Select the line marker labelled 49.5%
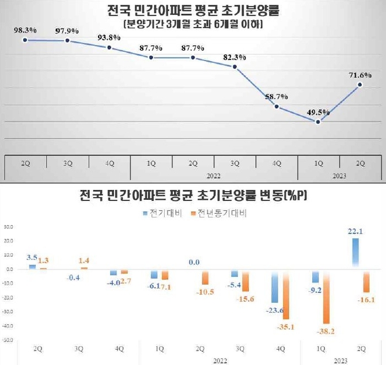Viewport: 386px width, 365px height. (x=319, y=121)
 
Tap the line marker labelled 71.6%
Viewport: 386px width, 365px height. (x=361, y=85)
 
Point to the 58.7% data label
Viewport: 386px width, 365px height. (x=277, y=97)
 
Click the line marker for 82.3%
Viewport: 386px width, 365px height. (x=235, y=67)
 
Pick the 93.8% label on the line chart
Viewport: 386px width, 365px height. (x=109, y=37)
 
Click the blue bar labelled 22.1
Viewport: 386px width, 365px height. (x=355, y=253)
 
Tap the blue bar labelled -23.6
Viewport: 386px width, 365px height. (x=274, y=286)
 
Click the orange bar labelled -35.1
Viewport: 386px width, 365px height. (x=286, y=294)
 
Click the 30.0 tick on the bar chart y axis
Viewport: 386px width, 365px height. (x=9, y=226)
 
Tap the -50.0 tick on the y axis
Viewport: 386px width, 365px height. (x=8, y=340)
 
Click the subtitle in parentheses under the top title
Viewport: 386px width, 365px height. (x=194, y=24)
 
